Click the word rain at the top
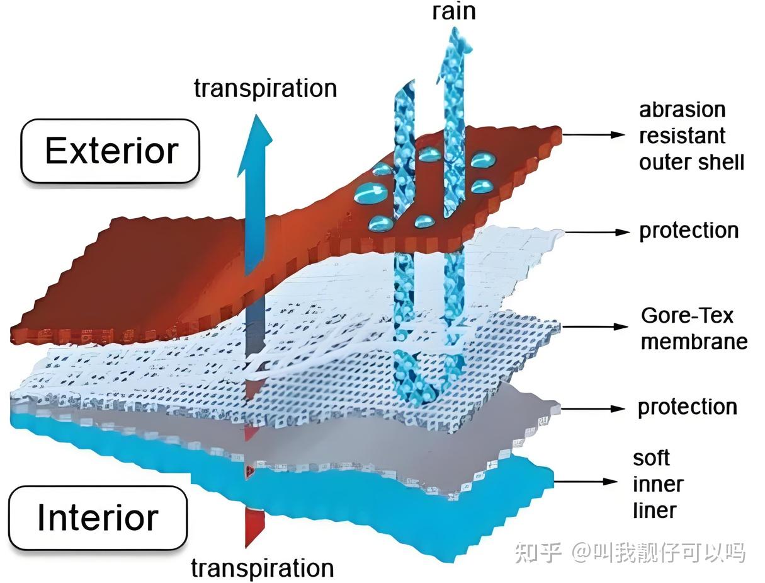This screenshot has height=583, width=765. pyautogui.click(x=454, y=11)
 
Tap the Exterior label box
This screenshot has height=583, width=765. pyautogui.click(x=110, y=151)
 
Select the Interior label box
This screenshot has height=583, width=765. pyautogui.click(x=98, y=517)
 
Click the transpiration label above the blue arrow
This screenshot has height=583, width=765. pyautogui.click(x=266, y=88)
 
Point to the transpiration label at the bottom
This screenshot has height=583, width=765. pyautogui.click(x=263, y=568)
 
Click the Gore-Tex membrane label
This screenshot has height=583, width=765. pyautogui.click(x=694, y=328)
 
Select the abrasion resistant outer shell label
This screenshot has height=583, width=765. pyautogui.click(x=691, y=136)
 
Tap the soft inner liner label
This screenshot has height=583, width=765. pyautogui.click(x=658, y=485)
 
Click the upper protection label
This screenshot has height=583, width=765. pyautogui.click(x=689, y=231)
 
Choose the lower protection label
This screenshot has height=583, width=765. pyautogui.click(x=688, y=408)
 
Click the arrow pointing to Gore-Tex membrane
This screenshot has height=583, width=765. pyautogui.click(x=595, y=326)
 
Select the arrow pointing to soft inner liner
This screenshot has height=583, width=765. pyautogui.click(x=586, y=482)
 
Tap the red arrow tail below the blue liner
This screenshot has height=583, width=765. pyautogui.click(x=254, y=527)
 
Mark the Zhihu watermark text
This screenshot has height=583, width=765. pyautogui.click(x=630, y=553)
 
